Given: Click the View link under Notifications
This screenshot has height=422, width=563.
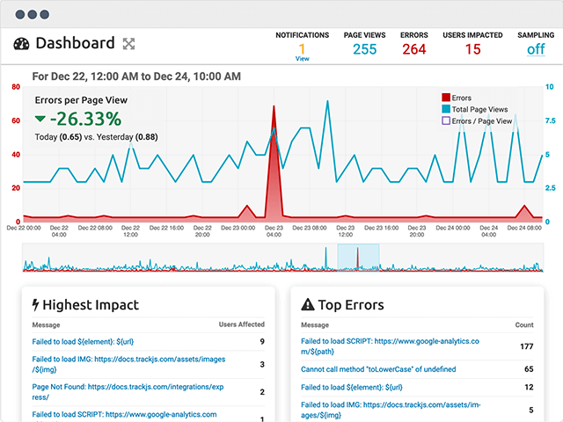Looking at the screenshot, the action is (x=302, y=59).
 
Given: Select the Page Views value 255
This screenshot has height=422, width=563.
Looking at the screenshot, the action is (x=364, y=49).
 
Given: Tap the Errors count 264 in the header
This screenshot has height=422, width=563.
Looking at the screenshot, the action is (x=414, y=49).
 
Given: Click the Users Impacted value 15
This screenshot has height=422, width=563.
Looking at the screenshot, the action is (x=472, y=49).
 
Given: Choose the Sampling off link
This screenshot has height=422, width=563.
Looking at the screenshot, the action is (x=536, y=49).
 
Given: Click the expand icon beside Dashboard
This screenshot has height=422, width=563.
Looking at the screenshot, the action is (x=129, y=44).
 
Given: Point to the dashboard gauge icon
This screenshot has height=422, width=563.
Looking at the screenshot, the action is (x=21, y=44).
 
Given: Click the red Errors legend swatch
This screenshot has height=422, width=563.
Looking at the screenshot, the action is (x=446, y=98).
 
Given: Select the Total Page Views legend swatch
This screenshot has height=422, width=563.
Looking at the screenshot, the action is (x=446, y=109).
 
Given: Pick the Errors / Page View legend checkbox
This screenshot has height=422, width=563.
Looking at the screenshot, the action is (x=446, y=120).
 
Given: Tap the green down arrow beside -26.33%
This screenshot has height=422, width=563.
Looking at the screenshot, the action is (x=40, y=119).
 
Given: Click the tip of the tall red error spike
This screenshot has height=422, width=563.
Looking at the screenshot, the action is (x=274, y=105).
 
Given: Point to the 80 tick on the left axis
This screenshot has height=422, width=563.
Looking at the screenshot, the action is (x=16, y=87).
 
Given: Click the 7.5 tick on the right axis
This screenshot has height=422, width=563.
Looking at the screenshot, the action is (x=550, y=120).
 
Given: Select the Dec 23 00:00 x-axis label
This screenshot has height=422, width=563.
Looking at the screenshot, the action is (x=238, y=228).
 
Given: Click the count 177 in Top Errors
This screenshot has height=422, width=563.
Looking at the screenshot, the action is (x=527, y=346).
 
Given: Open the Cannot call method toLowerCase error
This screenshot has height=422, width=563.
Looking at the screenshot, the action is (x=378, y=369).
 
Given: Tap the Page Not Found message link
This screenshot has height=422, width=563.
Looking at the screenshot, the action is (x=128, y=392).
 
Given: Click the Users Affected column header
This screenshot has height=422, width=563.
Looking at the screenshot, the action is (x=242, y=324).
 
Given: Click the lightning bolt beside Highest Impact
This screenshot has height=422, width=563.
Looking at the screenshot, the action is (x=35, y=305).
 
